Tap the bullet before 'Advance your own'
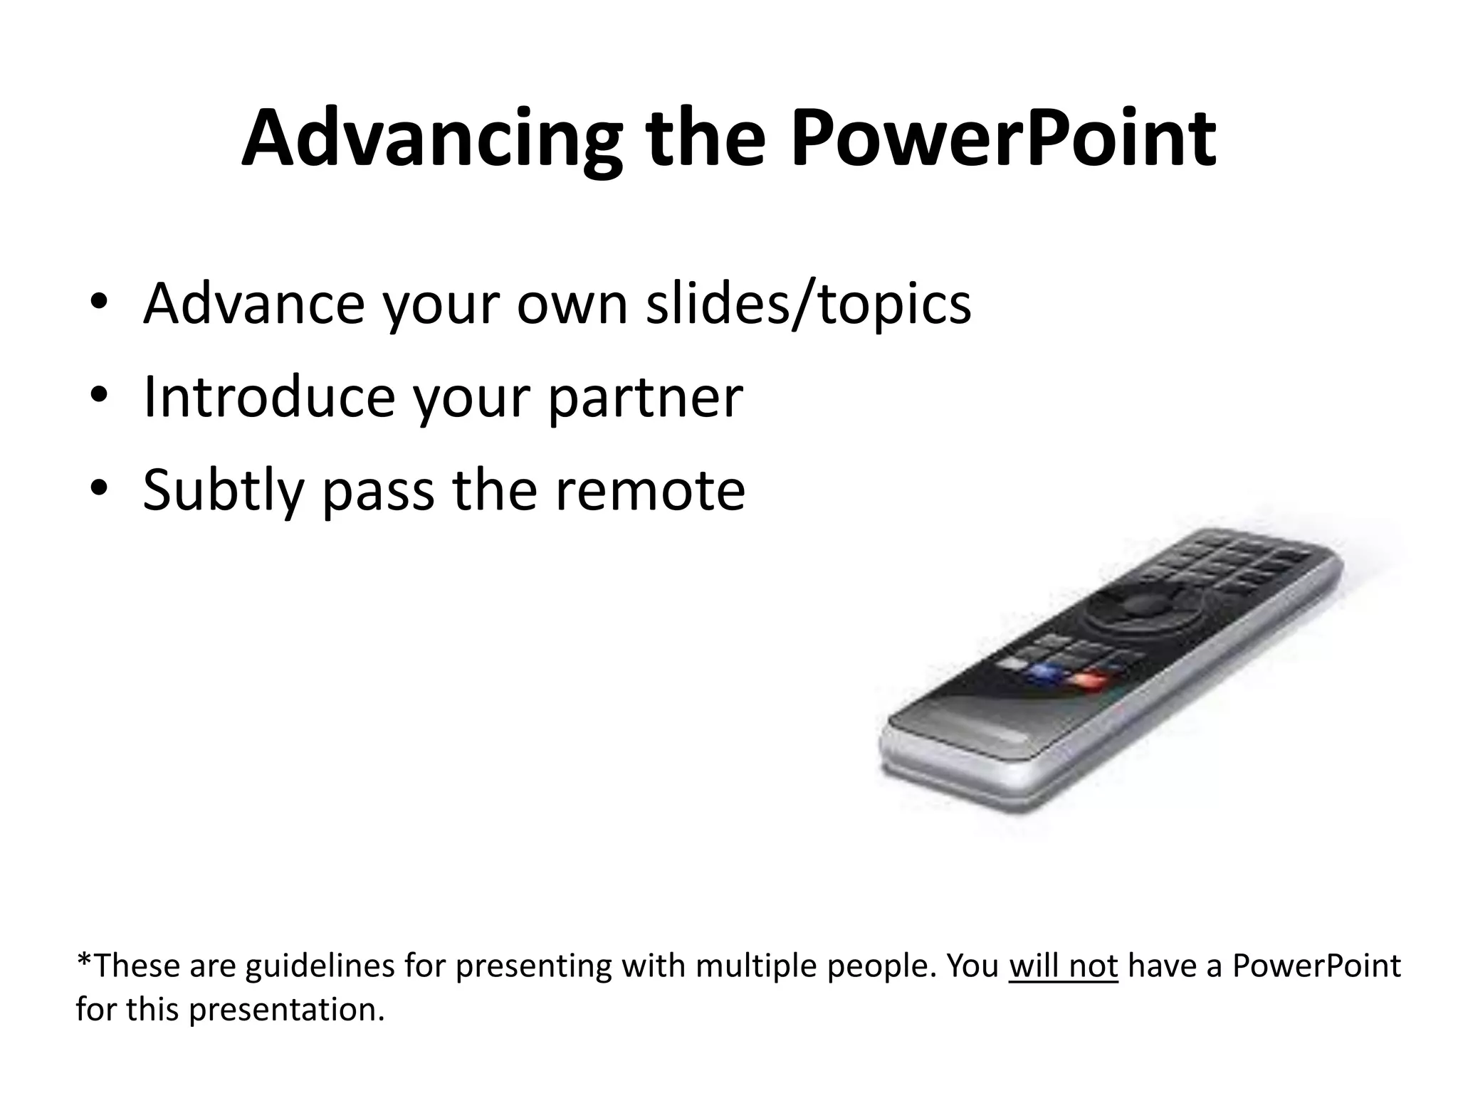pos(99,302)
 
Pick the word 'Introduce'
pos(269,396)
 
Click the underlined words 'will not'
pos(1063,966)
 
